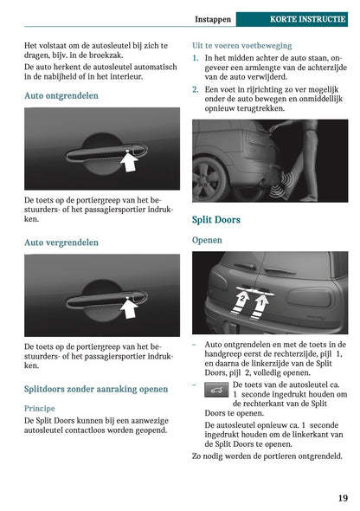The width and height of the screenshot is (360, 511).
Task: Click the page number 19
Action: [x=343, y=497]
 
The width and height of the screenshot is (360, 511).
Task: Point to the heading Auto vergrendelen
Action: [x=61, y=243]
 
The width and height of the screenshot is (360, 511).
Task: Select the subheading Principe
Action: [x=40, y=407]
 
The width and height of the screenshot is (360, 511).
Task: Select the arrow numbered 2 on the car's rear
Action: [x=242, y=304]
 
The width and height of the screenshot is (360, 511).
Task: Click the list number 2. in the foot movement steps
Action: [x=196, y=89]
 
